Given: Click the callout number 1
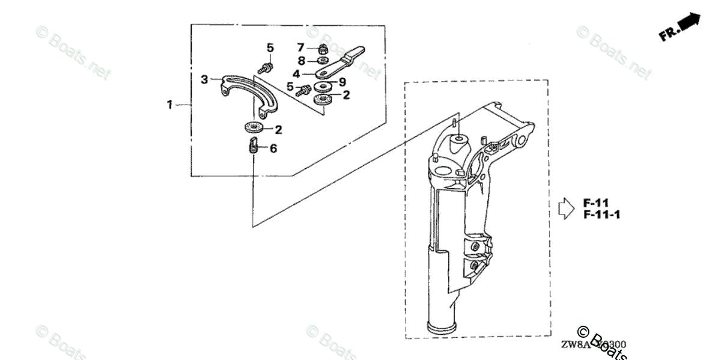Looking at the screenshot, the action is [x=170, y=105].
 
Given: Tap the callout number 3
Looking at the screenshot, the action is [x=204, y=79].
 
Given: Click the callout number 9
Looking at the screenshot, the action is [x=342, y=82].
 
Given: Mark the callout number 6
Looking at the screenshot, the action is [x=273, y=148].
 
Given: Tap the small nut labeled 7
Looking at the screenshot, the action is [x=323, y=48].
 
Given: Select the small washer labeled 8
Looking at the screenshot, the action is [x=323, y=61].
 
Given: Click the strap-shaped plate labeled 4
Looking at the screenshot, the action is [x=339, y=63].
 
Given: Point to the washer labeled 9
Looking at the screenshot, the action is [x=324, y=87].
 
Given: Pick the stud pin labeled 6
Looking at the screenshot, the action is [x=253, y=145].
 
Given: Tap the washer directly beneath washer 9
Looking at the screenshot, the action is [x=324, y=98].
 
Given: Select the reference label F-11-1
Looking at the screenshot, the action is [x=601, y=215].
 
